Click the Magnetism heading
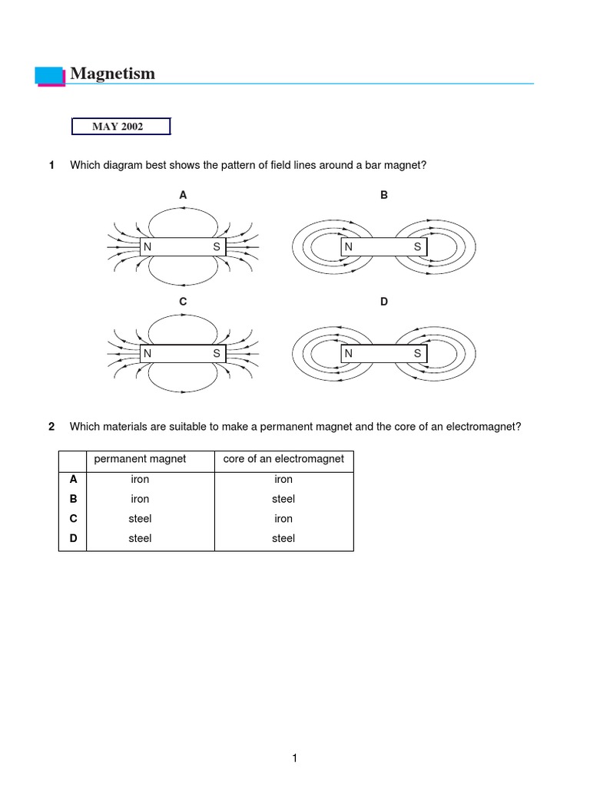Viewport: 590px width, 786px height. pos(112,74)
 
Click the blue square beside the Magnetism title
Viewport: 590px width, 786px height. pos(50,75)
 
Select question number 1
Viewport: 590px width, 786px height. pos(51,166)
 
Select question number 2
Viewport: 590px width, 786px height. pos(51,427)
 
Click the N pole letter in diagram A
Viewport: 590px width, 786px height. pos(147,247)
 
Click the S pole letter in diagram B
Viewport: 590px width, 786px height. pos(417,247)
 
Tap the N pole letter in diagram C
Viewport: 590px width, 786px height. pos(147,354)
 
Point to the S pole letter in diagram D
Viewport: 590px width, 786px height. pos(417,354)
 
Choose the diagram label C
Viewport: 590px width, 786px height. pos(183,302)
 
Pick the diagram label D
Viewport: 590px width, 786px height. pos(384,302)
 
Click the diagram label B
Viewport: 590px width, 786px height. pos(384,196)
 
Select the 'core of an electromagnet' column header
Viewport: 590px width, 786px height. pos(283,460)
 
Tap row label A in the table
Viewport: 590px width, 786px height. pos(74,479)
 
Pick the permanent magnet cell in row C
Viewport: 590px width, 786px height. pos(140,519)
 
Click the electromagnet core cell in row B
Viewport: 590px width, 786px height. pos(283,499)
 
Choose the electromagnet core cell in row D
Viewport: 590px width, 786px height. pos(283,539)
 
